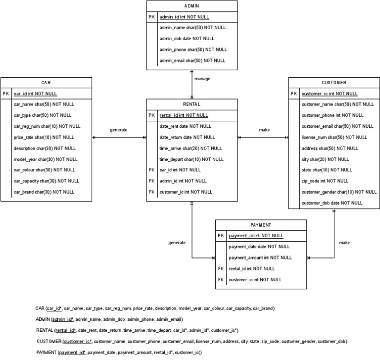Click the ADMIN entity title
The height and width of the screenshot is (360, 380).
tap(191, 6)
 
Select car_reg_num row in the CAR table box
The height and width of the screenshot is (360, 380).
tap(47, 126)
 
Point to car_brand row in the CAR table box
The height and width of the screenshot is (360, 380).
tap(44, 192)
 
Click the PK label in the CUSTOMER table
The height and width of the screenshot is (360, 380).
tap(294, 94)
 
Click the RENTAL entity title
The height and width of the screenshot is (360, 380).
tap(191, 104)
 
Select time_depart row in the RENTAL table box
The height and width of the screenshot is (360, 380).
tap(184, 159)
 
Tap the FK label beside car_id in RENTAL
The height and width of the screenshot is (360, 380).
tap(152, 170)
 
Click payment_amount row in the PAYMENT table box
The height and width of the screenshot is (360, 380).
tap(260, 257)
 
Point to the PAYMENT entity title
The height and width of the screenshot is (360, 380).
tap(261, 224)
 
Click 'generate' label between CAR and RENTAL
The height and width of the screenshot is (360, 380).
tap(119, 130)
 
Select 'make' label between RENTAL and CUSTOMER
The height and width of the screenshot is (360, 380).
tap(265, 130)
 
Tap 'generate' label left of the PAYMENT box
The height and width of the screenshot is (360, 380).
tap(177, 243)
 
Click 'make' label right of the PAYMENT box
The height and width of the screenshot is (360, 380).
tap(345, 243)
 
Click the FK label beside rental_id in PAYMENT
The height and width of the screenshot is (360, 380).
tap(221, 268)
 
